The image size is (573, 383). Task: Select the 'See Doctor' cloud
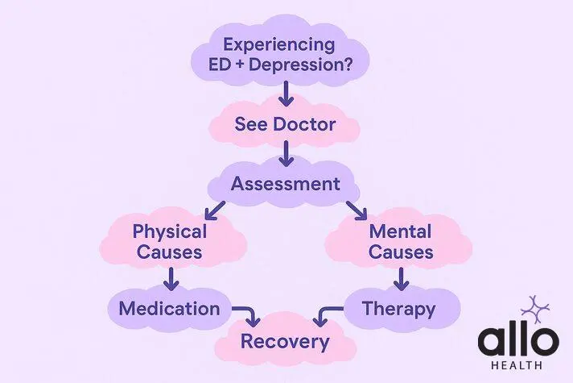[x=285, y=125]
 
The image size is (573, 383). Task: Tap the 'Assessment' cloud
[x=285, y=184]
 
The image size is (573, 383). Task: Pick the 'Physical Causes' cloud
[x=169, y=242]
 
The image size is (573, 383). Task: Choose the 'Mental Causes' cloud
[x=401, y=242]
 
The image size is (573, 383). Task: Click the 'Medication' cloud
[x=169, y=308]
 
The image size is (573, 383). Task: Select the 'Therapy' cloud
[x=399, y=308]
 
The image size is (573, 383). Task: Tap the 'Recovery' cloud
[x=285, y=341]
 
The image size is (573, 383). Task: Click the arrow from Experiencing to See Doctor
[x=285, y=96]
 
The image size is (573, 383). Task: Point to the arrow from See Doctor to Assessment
[x=285, y=152]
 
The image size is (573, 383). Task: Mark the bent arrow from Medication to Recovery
[x=246, y=312]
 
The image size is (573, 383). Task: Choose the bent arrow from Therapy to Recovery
[x=327, y=312]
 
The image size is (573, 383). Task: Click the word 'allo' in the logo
[x=517, y=340]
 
